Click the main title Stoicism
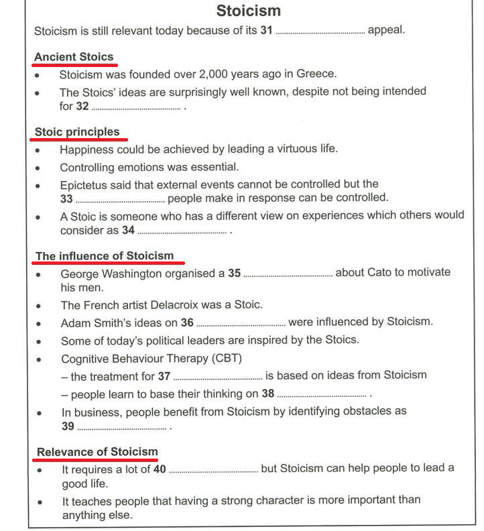249,11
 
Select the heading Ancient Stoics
74,56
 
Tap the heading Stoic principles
77,131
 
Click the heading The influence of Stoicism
104,255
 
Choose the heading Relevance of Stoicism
97,451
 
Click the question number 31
265,31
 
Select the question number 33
66,198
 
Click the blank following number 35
288,274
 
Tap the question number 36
187,322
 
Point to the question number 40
160,469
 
